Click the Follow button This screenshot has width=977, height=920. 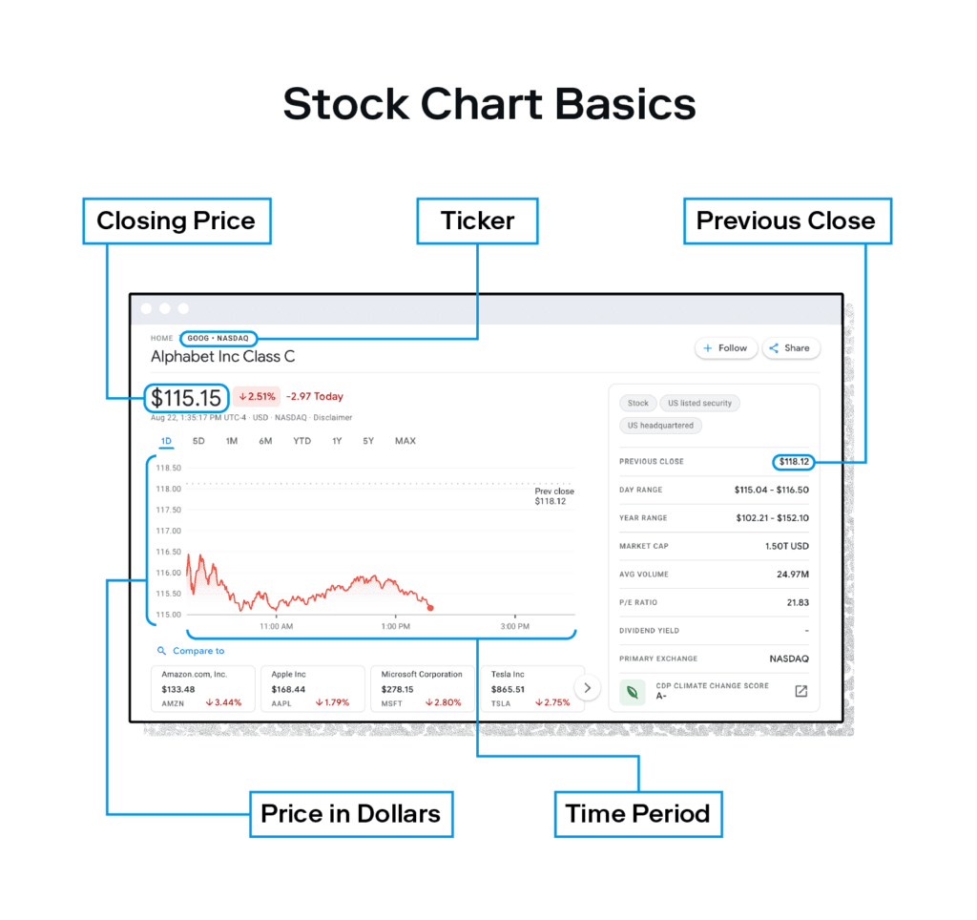[725, 347]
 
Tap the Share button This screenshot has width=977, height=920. [790, 347]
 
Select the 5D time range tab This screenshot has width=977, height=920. [198, 441]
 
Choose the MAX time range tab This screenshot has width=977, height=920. [405, 441]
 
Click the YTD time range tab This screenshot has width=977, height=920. [301, 441]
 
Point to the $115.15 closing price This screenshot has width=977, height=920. [186, 398]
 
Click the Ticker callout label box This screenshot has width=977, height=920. [477, 220]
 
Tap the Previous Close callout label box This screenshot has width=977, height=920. [787, 220]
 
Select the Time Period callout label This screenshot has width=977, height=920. [638, 814]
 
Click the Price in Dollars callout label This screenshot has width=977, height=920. [351, 814]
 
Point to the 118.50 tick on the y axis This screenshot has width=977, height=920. [168, 468]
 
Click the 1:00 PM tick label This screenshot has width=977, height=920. [396, 626]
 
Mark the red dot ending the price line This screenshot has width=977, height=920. [430, 608]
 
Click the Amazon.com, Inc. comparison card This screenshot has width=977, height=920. [203, 688]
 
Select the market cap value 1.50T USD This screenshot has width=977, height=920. [787, 546]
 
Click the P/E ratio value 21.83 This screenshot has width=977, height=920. [798, 602]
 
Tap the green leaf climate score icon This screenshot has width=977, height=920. [632, 692]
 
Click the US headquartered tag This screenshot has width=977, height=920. [660, 426]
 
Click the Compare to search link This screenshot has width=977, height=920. [191, 651]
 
